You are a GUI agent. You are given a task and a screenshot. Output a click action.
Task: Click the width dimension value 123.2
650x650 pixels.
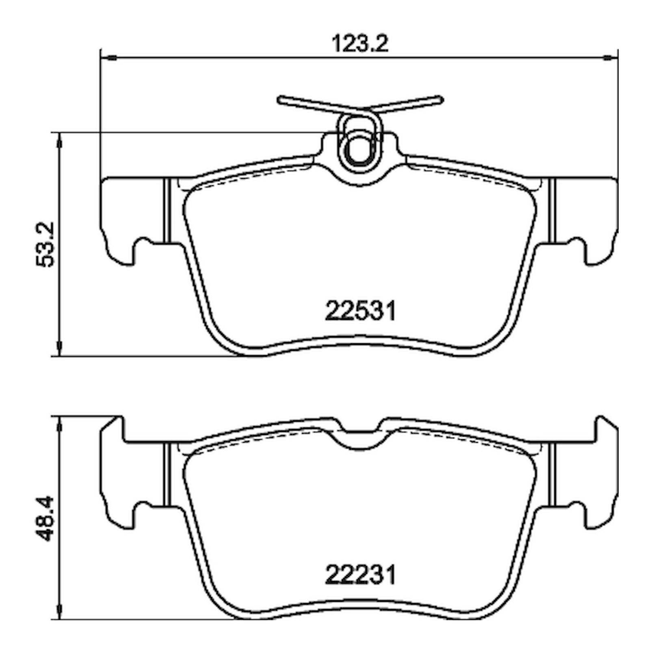pyautogui.click(x=360, y=44)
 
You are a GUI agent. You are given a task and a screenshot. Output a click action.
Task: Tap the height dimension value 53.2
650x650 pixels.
pyautogui.click(x=45, y=244)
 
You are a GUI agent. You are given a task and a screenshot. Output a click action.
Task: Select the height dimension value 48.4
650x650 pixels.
pyautogui.click(x=45, y=518)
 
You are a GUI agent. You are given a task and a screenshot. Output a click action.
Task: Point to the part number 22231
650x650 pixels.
pyautogui.click(x=360, y=575)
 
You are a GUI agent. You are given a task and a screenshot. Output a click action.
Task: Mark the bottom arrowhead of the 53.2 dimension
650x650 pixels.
pyautogui.click(x=60, y=349)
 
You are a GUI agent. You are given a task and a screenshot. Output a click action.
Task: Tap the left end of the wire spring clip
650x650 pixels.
pyautogui.click(x=281, y=99)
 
